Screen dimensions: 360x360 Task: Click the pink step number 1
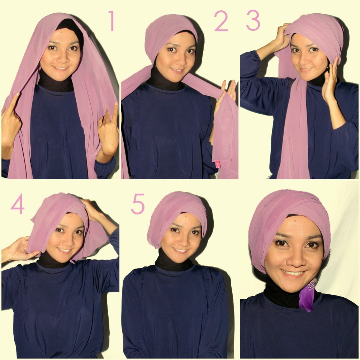coord(112,21)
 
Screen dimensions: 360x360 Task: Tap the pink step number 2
coord(221,22)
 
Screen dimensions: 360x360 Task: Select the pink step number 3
coord(253,21)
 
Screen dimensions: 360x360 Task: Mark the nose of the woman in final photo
coord(294,258)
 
